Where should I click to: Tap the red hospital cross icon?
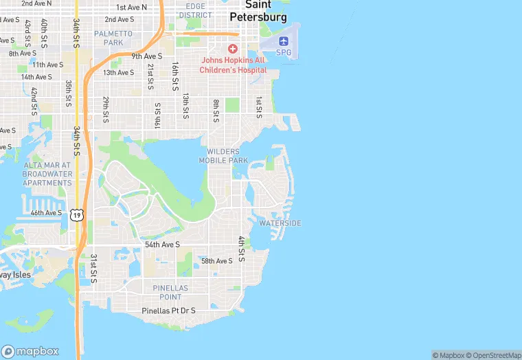point(232,49)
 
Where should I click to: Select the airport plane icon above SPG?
point(284,41)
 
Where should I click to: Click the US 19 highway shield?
point(77,215)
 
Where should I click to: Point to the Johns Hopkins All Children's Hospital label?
point(234,65)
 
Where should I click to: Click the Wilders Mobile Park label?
point(223,156)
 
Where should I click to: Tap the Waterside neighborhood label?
point(280,223)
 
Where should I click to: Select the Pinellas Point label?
point(162,292)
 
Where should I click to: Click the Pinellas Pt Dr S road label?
point(168,311)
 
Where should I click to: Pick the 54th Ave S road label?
point(162,245)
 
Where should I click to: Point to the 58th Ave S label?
point(217,261)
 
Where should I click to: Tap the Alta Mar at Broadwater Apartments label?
point(47,174)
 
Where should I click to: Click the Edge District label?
point(195,10)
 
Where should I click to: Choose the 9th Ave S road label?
point(147,56)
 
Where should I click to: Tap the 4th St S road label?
point(241,249)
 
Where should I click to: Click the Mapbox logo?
point(30,351)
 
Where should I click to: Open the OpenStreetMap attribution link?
point(494,355)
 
